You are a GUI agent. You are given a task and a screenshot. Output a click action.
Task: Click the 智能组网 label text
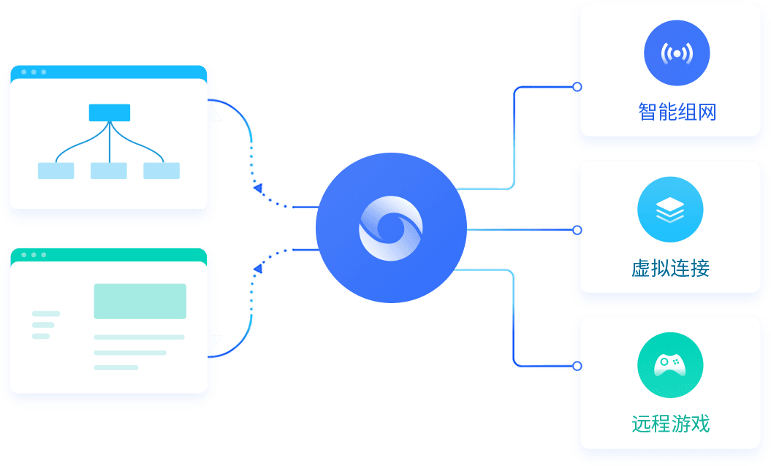pos(677,112)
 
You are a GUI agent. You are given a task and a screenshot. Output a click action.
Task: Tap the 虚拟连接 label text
pos(670,268)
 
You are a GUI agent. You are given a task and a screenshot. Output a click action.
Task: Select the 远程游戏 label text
pos(670,424)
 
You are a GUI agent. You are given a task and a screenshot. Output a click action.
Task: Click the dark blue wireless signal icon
pos(677,53)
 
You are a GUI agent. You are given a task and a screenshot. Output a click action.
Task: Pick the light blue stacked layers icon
pos(670,210)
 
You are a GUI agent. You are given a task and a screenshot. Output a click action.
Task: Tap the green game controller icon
pos(670,364)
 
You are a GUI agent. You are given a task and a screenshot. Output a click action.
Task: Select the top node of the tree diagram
pos(110,112)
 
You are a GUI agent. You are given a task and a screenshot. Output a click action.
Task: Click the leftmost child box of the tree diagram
pos(56,171)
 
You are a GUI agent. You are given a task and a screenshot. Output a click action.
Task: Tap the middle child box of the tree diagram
pos(109,171)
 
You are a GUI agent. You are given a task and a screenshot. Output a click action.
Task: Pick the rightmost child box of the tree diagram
pos(162,171)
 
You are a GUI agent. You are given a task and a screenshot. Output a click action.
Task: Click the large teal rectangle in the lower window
pos(140,301)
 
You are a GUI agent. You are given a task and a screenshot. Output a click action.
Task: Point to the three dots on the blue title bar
pos(34,72)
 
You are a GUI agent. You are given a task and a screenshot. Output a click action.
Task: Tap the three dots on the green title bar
pos(34,255)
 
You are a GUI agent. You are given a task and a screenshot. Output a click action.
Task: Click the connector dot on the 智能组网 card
pos(577,87)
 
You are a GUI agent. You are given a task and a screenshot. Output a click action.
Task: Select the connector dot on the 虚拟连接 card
pos(577,230)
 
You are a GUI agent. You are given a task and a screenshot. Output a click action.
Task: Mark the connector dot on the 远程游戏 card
pos(577,365)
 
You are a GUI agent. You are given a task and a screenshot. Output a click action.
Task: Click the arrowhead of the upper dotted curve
pos(257,189)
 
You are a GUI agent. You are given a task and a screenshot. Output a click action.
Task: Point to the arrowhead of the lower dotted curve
pos(257,270)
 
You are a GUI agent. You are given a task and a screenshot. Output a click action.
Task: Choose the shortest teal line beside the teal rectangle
pos(41,336)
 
